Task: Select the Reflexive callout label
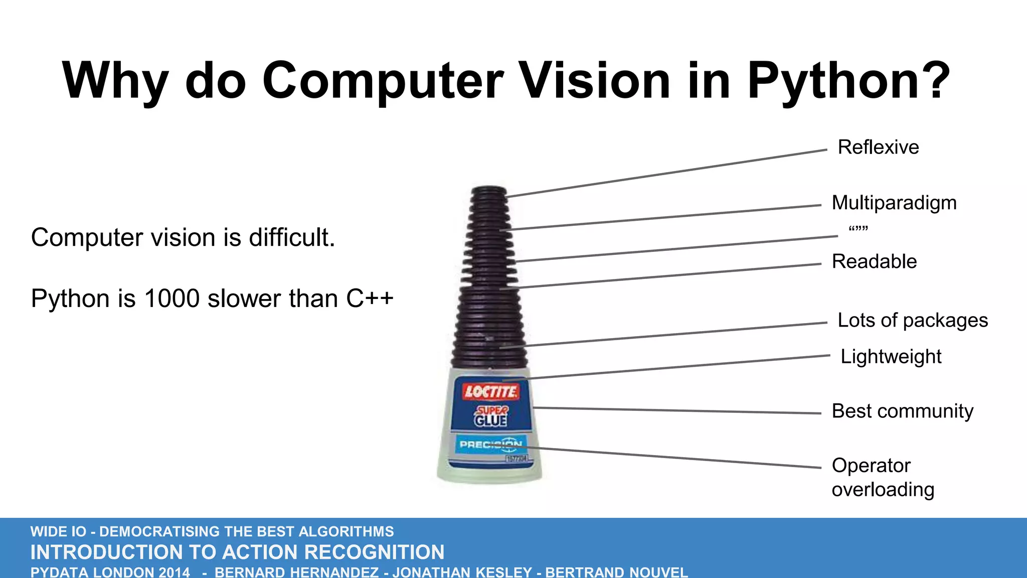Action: [x=878, y=148]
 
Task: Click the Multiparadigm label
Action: [x=894, y=203]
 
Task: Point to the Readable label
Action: [x=874, y=262]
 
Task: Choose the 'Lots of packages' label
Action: [x=913, y=320]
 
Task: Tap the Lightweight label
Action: [x=891, y=357]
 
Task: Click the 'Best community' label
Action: [x=902, y=411]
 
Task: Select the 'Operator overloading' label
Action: [x=883, y=477]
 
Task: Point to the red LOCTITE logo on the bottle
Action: [x=490, y=391]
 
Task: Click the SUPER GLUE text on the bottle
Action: [x=491, y=416]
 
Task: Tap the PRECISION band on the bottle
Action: [x=490, y=445]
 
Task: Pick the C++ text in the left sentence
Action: [x=370, y=299]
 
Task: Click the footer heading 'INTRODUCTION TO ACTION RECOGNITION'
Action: [x=237, y=552]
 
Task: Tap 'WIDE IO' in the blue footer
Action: [x=58, y=531]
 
